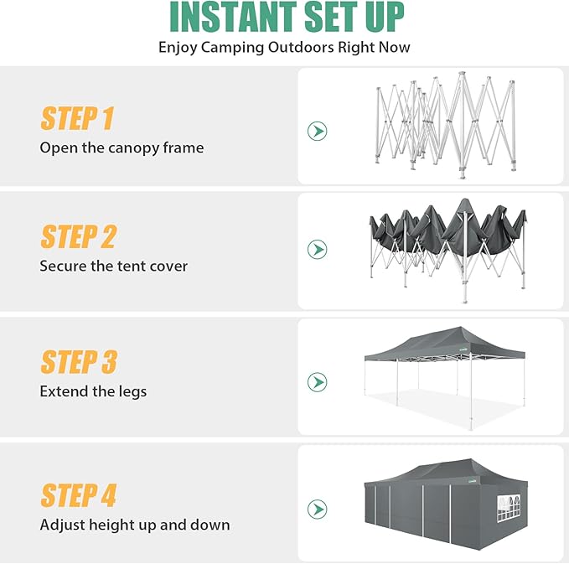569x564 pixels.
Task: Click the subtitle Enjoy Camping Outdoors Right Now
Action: tap(284, 47)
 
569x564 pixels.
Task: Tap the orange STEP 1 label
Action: tap(77, 119)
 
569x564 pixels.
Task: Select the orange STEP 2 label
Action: tap(78, 237)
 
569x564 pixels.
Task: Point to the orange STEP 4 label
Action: tap(78, 495)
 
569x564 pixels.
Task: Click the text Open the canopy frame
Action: tap(122, 147)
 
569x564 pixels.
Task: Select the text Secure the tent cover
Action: tap(113, 266)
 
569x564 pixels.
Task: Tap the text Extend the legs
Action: tap(93, 391)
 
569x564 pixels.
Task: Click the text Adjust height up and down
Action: tap(134, 525)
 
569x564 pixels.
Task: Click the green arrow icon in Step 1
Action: tap(317, 131)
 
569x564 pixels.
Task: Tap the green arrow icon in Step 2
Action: tap(317, 249)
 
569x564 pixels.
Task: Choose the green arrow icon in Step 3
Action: tap(317, 382)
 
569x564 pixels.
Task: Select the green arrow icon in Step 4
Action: tap(317, 509)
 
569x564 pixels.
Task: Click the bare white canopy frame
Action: tap(444, 126)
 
